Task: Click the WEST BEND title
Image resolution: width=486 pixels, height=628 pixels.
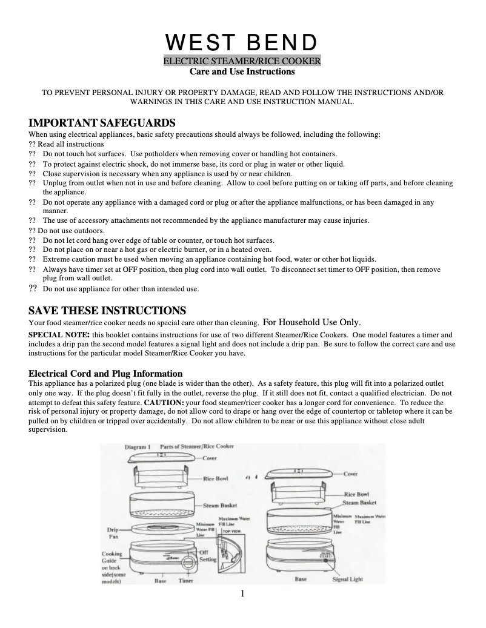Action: click(x=242, y=42)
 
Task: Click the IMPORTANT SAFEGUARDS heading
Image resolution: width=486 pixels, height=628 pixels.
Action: click(x=102, y=123)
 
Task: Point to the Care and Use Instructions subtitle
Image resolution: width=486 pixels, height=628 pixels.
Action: click(x=242, y=71)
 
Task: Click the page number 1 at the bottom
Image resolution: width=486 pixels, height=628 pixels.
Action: click(x=242, y=593)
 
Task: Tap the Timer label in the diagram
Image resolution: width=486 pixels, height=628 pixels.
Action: click(x=185, y=580)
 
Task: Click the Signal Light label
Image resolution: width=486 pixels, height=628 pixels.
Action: click(x=348, y=580)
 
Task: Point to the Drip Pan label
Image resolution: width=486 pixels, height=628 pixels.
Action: click(x=113, y=532)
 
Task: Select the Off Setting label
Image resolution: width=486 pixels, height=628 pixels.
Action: click(x=208, y=556)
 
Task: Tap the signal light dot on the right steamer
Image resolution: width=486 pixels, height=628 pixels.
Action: click(x=325, y=563)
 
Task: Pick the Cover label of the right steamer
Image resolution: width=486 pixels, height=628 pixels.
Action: click(x=351, y=474)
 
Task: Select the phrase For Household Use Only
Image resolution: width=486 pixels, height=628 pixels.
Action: click(x=312, y=322)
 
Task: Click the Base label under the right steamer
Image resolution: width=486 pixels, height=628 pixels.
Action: click(x=300, y=580)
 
